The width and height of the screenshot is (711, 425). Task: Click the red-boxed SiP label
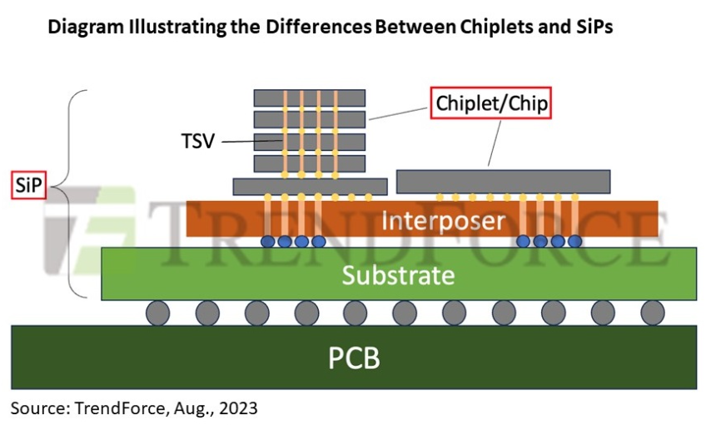pyautogui.click(x=25, y=185)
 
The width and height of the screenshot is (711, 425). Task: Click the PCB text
pyautogui.click(x=355, y=357)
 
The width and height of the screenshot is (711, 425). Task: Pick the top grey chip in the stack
pyautogui.click(x=310, y=98)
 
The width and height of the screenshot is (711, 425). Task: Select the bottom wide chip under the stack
pyautogui.click(x=310, y=186)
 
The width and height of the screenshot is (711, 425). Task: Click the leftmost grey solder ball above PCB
pyautogui.click(x=158, y=313)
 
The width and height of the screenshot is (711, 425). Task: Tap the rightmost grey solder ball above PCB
pyautogui.click(x=653, y=313)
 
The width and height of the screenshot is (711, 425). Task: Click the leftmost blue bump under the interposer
pyautogui.click(x=268, y=242)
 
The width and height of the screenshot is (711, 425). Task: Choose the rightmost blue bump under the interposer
pyautogui.click(x=574, y=242)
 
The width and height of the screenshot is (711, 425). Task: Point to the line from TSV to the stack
pyautogui.click(x=237, y=142)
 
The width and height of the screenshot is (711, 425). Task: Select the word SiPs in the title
pyautogui.click(x=589, y=27)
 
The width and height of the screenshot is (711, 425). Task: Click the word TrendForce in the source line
pyautogui.click(x=106, y=408)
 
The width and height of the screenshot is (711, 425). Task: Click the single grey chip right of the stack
pyautogui.click(x=503, y=181)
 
